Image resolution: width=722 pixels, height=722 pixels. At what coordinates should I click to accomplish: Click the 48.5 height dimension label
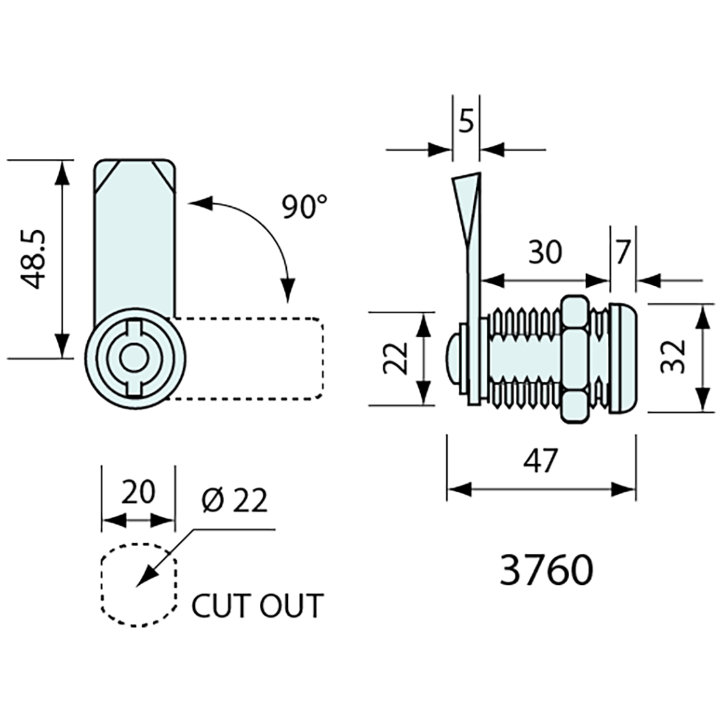[33, 259]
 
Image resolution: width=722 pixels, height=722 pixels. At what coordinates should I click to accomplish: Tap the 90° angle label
[305, 207]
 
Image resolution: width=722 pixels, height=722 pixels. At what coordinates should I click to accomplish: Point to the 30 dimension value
[545, 251]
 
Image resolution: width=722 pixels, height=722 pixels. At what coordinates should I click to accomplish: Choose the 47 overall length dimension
[540, 461]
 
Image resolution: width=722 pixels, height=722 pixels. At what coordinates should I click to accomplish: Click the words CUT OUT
[257, 605]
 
